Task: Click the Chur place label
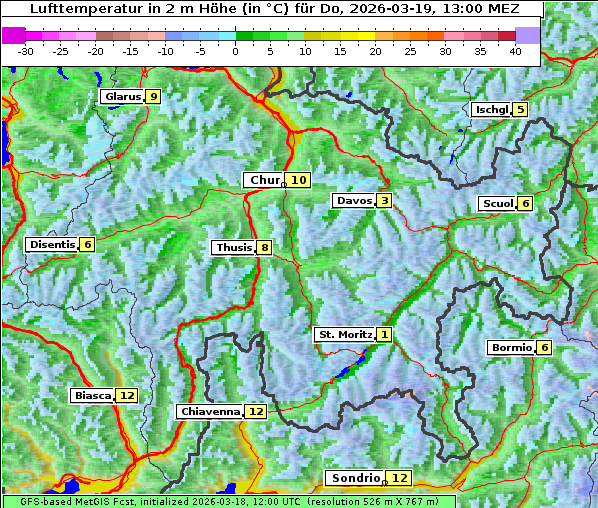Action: [x=264, y=180]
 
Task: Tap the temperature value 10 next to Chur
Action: [x=300, y=180]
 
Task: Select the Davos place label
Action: [x=353, y=201]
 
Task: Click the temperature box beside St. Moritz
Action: [x=385, y=335]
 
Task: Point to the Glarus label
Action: [x=121, y=97]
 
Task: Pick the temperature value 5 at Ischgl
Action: [x=520, y=109]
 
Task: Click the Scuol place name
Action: [x=497, y=204]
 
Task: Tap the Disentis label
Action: [x=51, y=245]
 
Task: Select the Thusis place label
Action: [x=233, y=248]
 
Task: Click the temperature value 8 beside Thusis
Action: [x=264, y=248]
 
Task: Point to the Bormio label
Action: [x=510, y=348]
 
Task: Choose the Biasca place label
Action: [x=92, y=396]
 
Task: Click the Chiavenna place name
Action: [x=210, y=411]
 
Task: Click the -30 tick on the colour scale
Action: [x=25, y=51]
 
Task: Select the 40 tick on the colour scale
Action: [x=515, y=51]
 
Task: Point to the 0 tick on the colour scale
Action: [x=235, y=51]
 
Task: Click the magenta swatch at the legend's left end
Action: [x=13, y=35]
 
